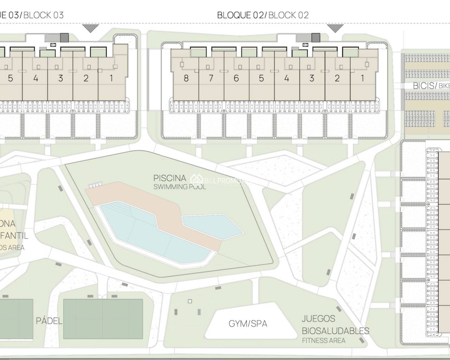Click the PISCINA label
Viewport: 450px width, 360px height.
tap(170, 178)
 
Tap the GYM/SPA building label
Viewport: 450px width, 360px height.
tap(248, 323)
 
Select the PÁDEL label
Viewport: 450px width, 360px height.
tap(49, 321)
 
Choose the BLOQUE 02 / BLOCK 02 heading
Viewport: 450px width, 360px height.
tap(263, 15)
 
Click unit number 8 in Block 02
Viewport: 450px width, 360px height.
tap(186, 78)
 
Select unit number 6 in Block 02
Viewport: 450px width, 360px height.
tap(236, 78)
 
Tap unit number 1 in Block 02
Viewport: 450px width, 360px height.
tap(362, 78)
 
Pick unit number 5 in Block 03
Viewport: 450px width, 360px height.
tap(11, 78)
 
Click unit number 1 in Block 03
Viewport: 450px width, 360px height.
tap(111, 78)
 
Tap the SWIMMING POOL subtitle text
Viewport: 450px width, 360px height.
tap(179, 187)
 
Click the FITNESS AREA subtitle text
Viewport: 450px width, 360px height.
tap(323, 340)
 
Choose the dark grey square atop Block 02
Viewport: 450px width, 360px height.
tap(316, 38)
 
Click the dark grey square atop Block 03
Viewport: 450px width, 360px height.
tap(64, 37)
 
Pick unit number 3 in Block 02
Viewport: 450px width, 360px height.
tap(311, 78)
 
